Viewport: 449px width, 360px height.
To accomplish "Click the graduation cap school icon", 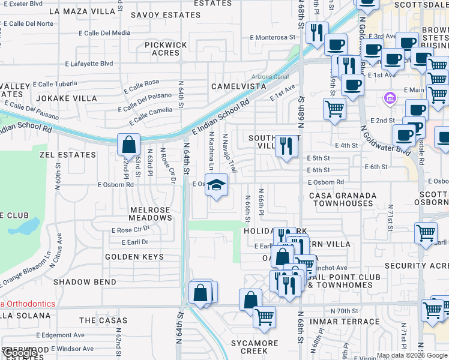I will click(217, 184).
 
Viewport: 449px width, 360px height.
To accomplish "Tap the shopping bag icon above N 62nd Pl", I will click(129, 145).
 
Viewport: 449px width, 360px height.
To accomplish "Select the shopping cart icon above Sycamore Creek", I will click(264, 317).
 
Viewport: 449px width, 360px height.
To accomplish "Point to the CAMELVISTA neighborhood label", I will click(238, 86).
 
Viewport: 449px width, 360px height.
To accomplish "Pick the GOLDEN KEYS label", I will click(134, 257).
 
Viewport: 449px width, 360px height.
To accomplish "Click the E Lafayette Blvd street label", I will click(89, 63).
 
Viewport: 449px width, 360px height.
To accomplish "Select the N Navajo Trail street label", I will click(229, 154).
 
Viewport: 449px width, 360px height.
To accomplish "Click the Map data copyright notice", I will click(411, 355).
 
